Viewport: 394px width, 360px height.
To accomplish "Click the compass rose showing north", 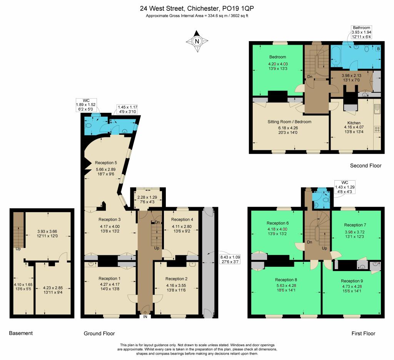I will coord(197,41).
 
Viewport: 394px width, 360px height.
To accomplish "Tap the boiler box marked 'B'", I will coord(378,49).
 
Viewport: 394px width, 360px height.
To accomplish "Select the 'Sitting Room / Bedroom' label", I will coord(289,122).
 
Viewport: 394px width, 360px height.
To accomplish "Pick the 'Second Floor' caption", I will coord(366,166).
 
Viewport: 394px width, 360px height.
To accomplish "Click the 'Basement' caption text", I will coord(21,333).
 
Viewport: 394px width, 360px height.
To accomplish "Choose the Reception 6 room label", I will coord(277,223).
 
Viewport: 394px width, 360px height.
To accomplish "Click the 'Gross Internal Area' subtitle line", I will coord(197,15).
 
